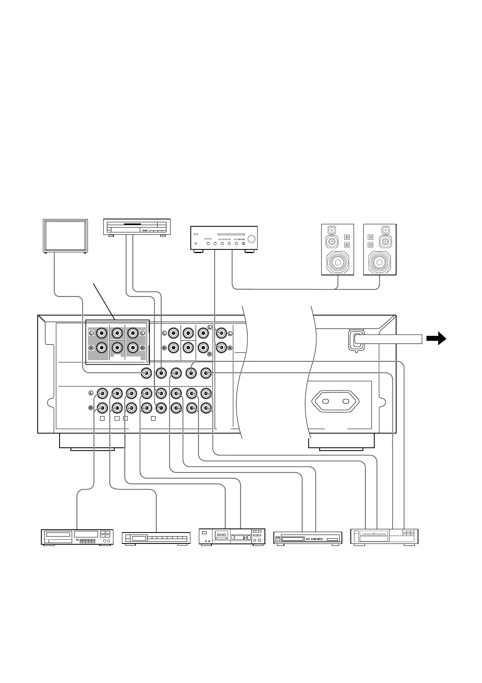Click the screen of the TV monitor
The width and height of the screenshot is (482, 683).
[x=65, y=236]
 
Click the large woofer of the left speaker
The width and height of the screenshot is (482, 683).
[x=337, y=263]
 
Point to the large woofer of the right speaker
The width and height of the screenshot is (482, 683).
[x=380, y=263]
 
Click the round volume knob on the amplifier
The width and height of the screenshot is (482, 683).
[x=252, y=238]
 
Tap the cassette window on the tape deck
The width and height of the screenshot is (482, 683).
[x=221, y=536]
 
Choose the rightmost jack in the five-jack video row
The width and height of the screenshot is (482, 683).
[x=206, y=373]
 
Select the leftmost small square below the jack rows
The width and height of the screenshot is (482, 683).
[x=102, y=418]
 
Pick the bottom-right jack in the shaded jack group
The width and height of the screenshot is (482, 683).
[x=133, y=348]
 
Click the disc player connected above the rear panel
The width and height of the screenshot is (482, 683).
[x=137, y=227]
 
